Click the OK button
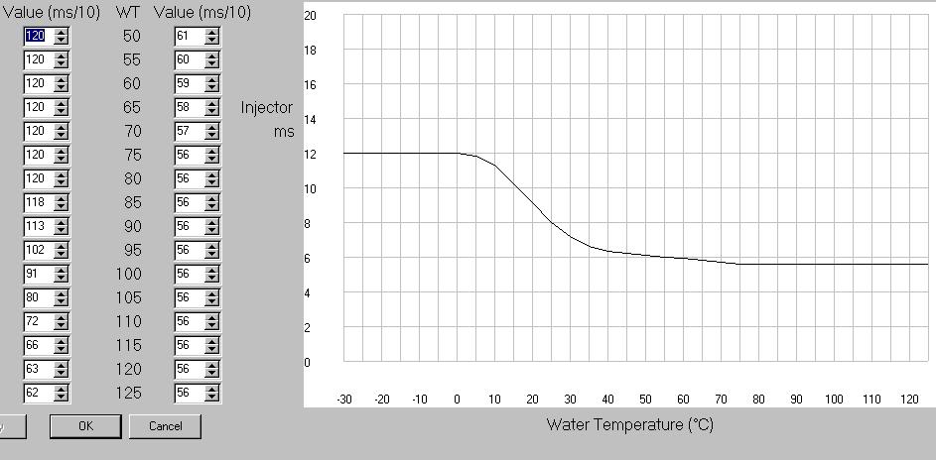(85, 426)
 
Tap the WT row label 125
(129, 393)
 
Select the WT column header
(128, 13)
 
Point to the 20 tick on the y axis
(310, 16)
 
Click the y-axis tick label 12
(310, 154)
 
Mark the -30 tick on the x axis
(343, 400)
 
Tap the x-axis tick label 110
(871, 400)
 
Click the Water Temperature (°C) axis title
(629, 424)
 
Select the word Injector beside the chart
(266, 107)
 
